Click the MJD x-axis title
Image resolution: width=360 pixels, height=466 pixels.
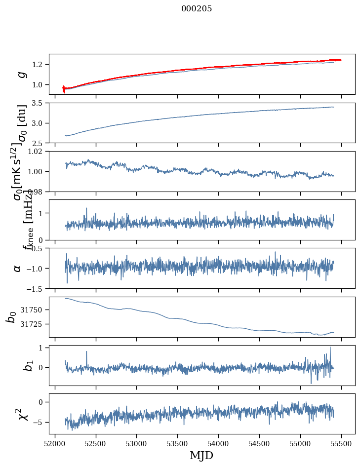coord(201,455)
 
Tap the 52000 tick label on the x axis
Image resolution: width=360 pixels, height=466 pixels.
coord(55,443)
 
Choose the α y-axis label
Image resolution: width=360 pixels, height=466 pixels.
coord(17,268)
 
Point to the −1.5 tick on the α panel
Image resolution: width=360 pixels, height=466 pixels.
coord(36,288)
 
